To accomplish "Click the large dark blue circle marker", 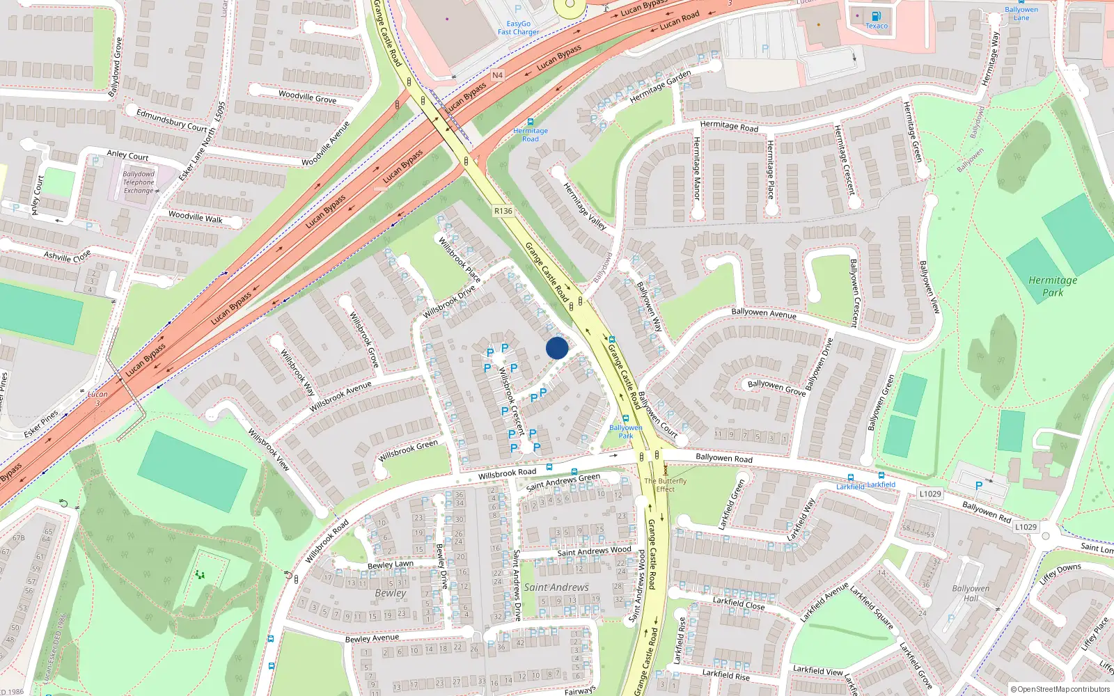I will (x=557, y=348).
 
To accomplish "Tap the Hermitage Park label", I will (x=1053, y=286).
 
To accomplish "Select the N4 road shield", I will (x=497, y=75).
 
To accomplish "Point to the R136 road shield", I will (x=503, y=211).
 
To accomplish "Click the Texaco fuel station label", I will (x=877, y=26).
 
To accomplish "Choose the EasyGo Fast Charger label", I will (x=518, y=28).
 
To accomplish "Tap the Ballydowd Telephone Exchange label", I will (x=139, y=182).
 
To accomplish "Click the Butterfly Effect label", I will (x=665, y=485).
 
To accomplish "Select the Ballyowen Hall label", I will (x=971, y=593).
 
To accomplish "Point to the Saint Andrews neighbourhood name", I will (x=556, y=587).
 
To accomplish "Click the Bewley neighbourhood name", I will (x=390, y=593).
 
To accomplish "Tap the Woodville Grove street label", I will (x=307, y=97).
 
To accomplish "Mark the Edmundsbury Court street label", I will (x=172, y=120).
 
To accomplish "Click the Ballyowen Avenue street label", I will (x=764, y=313).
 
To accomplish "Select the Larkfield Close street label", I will (x=739, y=603).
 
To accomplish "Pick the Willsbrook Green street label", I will (x=408, y=450).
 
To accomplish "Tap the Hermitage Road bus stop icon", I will (x=531, y=122).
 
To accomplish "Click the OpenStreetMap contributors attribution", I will (x=1060, y=689).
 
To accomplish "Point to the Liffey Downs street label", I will (x=1060, y=574).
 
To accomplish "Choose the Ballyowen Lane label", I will (x=1021, y=13).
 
